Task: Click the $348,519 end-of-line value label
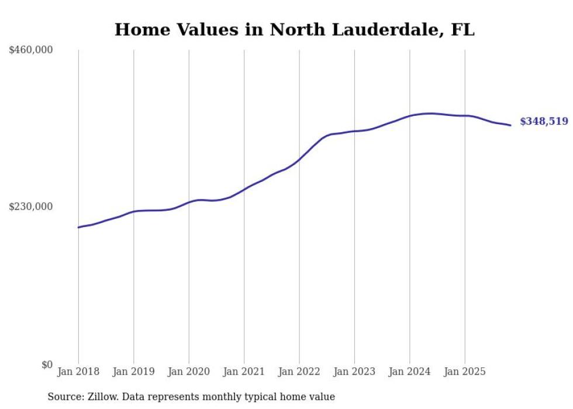[543, 122]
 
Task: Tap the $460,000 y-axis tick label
[31, 50]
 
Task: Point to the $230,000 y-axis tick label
[31, 207]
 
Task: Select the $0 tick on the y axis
[47, 365]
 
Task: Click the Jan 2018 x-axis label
[78, 372]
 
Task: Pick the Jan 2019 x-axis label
[134, 372]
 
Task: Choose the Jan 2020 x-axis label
[189, 372]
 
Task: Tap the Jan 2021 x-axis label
[244, 372]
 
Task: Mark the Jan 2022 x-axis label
[299, 372]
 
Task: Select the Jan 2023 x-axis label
[354, 372]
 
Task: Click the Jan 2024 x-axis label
[410, 372]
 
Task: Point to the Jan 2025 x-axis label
[465, 372]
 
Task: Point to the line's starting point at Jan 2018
[78, 227]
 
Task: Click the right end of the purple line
[510, 125]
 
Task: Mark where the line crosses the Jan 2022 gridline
[299, 159]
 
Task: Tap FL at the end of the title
[463, 30]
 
